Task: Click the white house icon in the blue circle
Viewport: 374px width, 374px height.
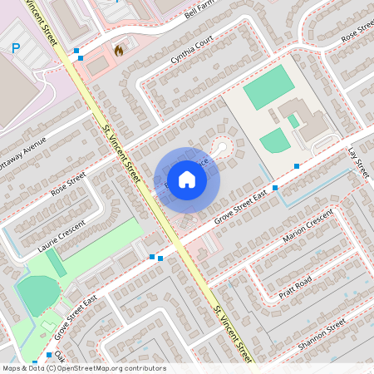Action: click(x=187, y=179)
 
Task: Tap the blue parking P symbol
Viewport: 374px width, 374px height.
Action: click(x=16, y=48)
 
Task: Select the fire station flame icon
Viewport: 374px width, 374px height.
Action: click(x=119, y=51)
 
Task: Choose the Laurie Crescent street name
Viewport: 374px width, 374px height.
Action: click(x=62, y=237)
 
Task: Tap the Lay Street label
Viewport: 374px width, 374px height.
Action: click(x=358, y=162)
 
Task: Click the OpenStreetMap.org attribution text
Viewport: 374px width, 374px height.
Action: click(x=112, y=367)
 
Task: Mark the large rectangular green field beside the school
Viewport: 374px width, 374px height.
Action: click(x=268, y=87)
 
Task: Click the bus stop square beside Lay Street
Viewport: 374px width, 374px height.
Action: click(x=297, y=167)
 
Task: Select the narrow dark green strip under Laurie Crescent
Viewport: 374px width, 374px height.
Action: click(x=57, y=263)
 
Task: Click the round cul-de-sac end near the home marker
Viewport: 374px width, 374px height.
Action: click(x=221, y=149)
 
